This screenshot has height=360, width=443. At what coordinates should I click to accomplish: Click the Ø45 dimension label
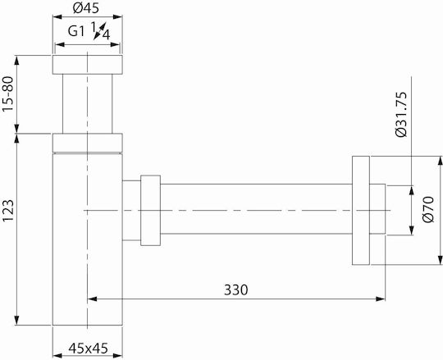pyautogui.click(x=86, y=8)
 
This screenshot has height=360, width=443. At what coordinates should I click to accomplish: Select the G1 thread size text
pyautogui.click(x=76, y=31)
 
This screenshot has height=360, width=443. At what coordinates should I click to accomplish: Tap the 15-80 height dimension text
pyautogui.click(x=8, y=94)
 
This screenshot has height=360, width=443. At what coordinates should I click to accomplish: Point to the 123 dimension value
pyautogui.click(x=8, y=211)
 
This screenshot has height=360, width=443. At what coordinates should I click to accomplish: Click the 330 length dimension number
pyautogui.click(x=236, y=289)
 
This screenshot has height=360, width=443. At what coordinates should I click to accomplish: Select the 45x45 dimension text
pyautogui.click(x=88, y=349)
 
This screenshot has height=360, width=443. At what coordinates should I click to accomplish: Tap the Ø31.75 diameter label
pyautogui.click(x=401, y=114)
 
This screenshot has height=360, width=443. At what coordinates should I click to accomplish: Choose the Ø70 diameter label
pyautogui.click(x=428, y=209)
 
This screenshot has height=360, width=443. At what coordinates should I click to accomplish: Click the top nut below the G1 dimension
pyautogui.click(x=88, y=65)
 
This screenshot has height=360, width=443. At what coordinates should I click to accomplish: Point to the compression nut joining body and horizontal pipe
pyautogui.click(x=151, y=211)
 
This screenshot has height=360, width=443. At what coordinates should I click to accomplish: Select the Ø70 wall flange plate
pyautogui.click(x=361, y=211)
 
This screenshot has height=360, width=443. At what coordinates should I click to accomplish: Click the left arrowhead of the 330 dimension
pyautogui.click(x=93, y=298)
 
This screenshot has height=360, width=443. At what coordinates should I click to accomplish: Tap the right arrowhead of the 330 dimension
pyautogui.click(x=381, y=298)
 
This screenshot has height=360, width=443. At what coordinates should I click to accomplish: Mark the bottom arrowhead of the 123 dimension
pyautogui.click(x=17, y=320)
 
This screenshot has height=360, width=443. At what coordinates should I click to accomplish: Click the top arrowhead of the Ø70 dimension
pyautogui.click(x=440, y=162)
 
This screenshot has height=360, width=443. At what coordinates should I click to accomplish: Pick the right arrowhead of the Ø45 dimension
pyautogui.click(x=117, y=17)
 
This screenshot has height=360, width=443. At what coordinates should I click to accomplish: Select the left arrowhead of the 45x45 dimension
pyautogui.click(x=57, y=355)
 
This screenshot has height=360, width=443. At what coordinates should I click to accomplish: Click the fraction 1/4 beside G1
pyautogui.click(x=100, y=31)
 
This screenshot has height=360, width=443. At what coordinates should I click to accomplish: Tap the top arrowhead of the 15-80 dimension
pyautogui.click(x=17, y=61)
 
